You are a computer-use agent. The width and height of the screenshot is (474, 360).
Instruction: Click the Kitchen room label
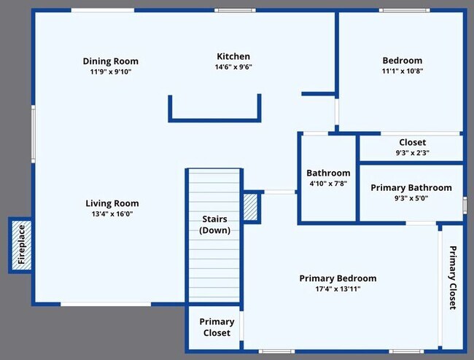coord(233,56)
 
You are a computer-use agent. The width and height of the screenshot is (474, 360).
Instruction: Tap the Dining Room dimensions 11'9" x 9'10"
coord(111,72)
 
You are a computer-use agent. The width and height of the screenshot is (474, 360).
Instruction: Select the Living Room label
coord(112,203)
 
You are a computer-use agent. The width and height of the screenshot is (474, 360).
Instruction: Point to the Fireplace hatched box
coord(21,245)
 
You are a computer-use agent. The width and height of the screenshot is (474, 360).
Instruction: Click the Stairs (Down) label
coord(214,224)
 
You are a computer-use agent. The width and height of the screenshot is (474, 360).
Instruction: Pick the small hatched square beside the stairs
coord(251,207)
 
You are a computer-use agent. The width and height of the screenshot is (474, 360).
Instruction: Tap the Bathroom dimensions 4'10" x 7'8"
coord(328,184)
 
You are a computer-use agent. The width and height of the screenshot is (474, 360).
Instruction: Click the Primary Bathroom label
coord(411,187)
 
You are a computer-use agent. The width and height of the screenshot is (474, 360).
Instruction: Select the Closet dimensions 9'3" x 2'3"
coord(412,153)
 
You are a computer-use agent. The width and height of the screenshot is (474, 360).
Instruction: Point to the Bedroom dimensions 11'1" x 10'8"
coord(403,71)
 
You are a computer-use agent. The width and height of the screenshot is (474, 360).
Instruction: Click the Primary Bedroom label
coord(338,278)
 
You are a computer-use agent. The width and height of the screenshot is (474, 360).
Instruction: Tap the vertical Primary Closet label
coord(453,278)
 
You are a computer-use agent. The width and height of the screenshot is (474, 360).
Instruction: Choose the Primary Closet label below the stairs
coord(217,327)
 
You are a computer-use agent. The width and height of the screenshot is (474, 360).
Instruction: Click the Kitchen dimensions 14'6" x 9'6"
coord(233,67)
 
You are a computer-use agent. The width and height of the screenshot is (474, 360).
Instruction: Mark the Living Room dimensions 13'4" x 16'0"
coord(112,214)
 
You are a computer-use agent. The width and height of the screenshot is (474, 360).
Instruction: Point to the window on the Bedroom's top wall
coord(405,10)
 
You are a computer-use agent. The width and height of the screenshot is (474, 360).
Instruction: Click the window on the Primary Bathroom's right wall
coord(465,205)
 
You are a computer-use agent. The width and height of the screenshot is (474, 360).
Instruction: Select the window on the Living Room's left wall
coord(34,134)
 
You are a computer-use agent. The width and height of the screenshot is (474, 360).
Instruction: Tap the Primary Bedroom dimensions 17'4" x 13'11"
coord(338,289)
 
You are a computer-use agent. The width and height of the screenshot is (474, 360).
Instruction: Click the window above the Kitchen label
coord(236,10)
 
